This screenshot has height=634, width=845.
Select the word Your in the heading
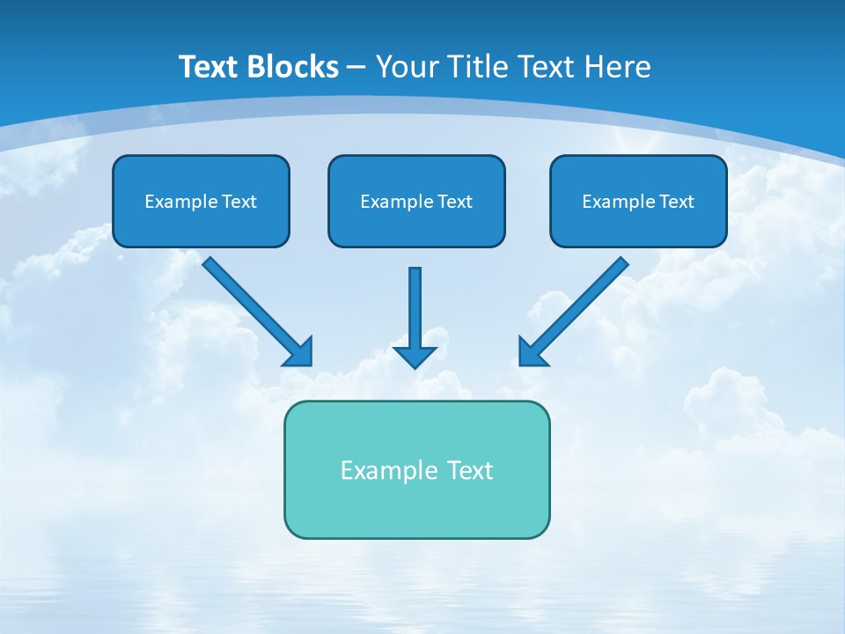click(407, 67)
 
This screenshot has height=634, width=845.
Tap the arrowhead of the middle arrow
click(415, 356)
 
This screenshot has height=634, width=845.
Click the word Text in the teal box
click(469, 470)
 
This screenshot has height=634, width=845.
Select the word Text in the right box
click(677, 202)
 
